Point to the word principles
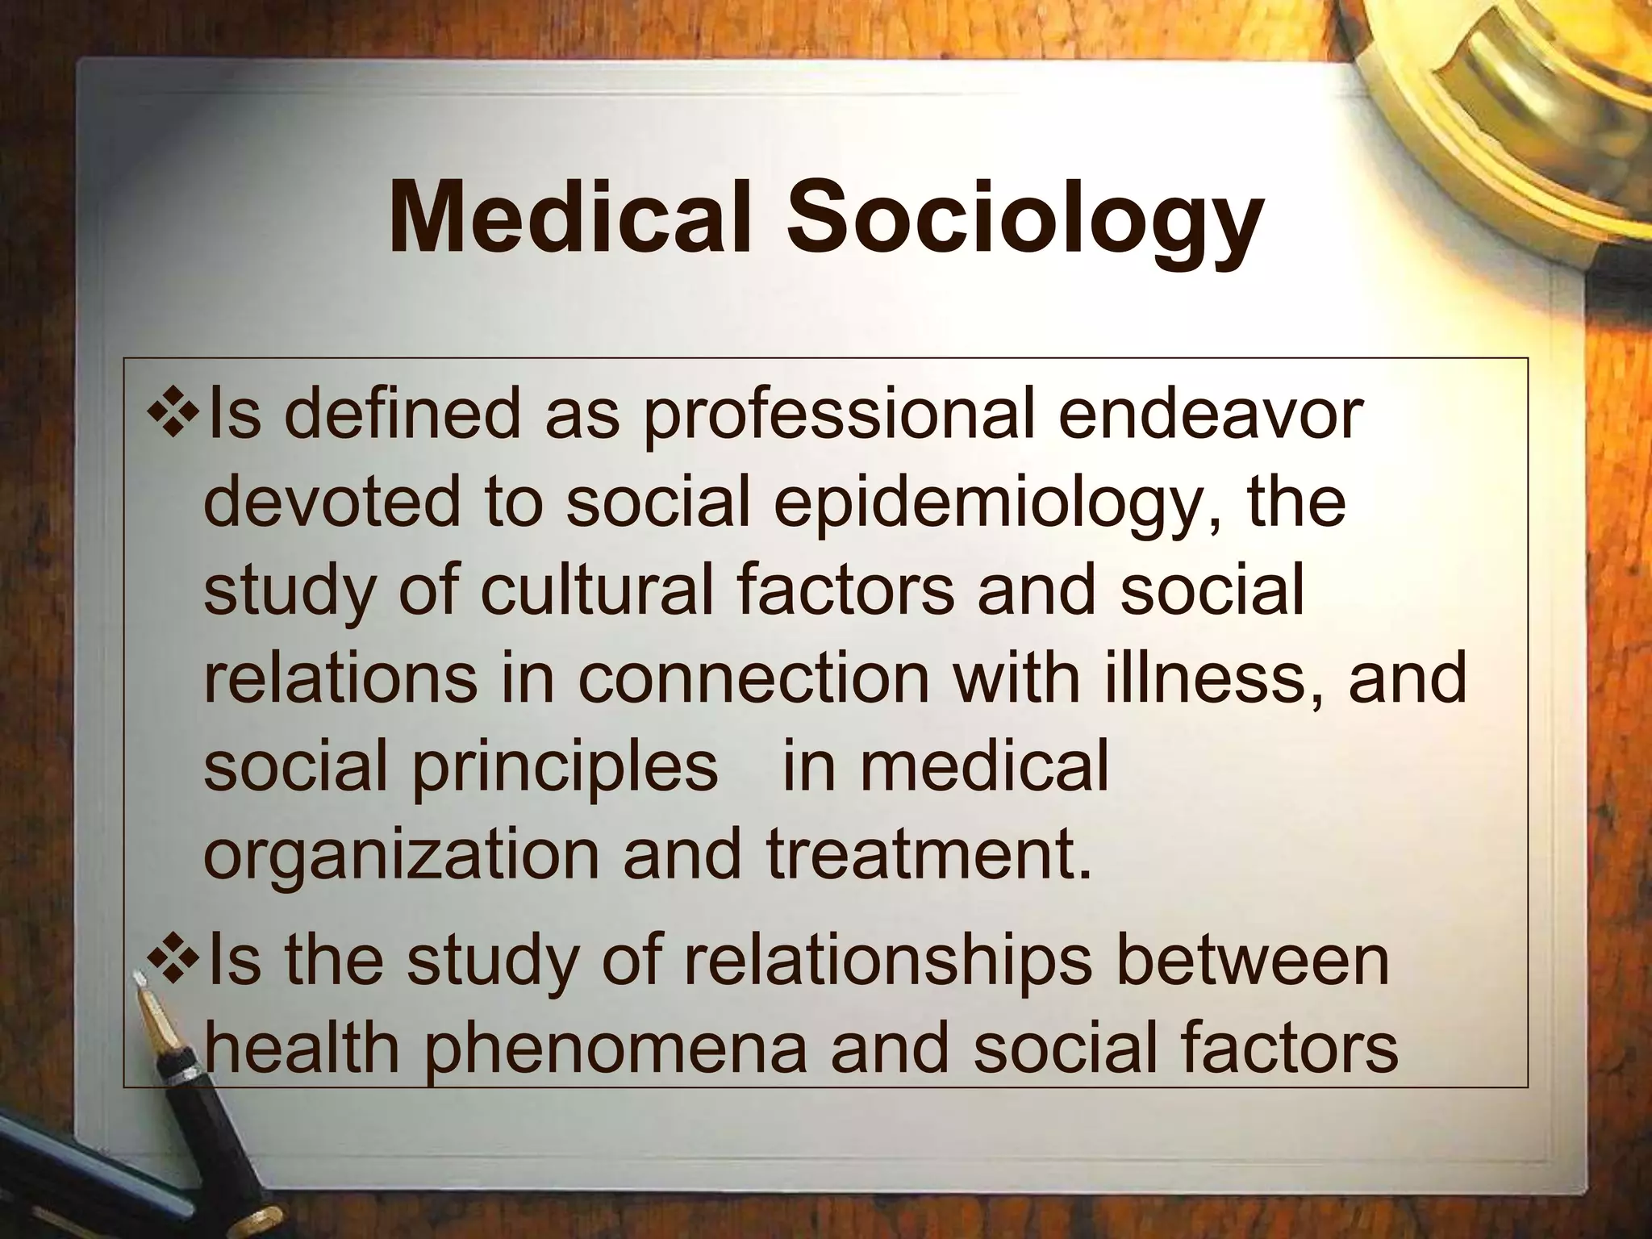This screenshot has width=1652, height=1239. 564,768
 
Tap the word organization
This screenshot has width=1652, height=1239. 401,857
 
